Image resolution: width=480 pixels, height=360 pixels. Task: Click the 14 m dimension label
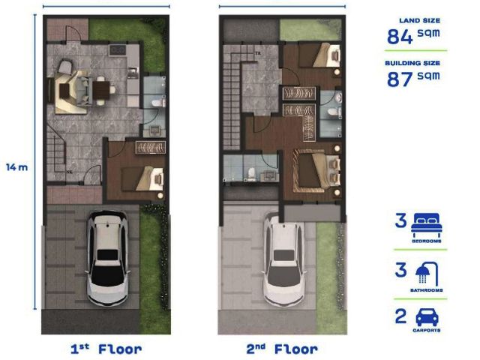[x=17, y=167]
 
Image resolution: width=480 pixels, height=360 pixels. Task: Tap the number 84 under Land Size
[x=400, y=37]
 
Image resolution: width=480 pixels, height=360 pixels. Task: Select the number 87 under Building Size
[x=400, y=79]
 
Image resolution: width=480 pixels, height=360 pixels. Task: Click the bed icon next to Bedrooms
[x=427, y=225]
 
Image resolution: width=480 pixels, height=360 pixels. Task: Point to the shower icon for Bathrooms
[x=427, y=273]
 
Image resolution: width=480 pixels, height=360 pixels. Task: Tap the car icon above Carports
[x=427, y=317]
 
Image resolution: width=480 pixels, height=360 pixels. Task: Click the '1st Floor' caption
[x=106, y=349]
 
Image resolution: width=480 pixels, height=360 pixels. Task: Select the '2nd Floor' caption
[x=282, y=349]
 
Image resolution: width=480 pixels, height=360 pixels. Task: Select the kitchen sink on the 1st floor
[x=133, y=73]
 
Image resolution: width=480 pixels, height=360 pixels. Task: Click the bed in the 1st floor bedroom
[x=143, y=178]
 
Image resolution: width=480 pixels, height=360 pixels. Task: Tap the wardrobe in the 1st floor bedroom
[x=151, y=147]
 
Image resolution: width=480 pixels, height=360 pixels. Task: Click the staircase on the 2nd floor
[x=232, y=98]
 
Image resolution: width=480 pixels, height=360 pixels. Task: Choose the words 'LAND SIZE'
[x=419, y=21]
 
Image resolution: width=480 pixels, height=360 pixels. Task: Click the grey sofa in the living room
[x=83, y=91]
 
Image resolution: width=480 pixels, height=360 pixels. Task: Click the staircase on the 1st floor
[x=56, y=153]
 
